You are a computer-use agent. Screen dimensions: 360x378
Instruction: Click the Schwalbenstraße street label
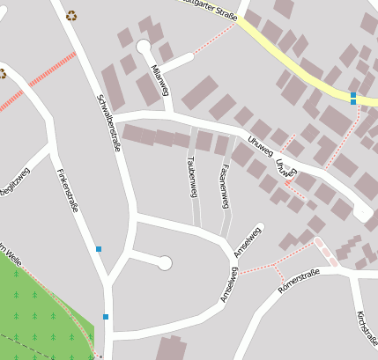click(108, 122)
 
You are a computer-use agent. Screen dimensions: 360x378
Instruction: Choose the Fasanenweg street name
click(225, 185)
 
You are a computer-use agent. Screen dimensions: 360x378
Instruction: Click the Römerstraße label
click(298, 281)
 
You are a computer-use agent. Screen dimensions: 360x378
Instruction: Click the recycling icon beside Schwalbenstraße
click(71, 15)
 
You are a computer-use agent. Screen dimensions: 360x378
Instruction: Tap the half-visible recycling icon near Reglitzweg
click(3, 74)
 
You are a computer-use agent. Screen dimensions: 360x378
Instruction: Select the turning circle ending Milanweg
click(144, 47)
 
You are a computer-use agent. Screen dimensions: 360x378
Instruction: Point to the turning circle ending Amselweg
click(164, 262)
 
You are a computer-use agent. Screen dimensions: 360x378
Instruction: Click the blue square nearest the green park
click(106, 317)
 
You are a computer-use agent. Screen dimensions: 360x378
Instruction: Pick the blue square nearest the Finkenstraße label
click(99, 249)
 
